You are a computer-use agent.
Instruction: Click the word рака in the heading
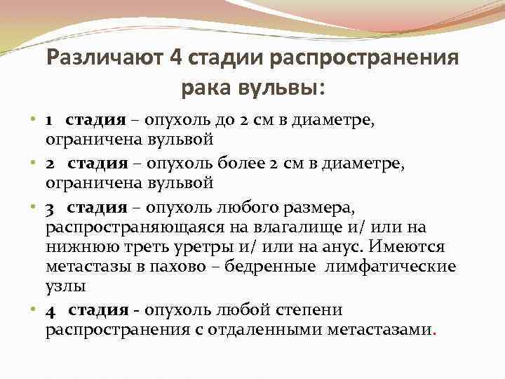click(x=204, y=88)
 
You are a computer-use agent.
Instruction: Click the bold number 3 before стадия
click(x=50, y=208)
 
